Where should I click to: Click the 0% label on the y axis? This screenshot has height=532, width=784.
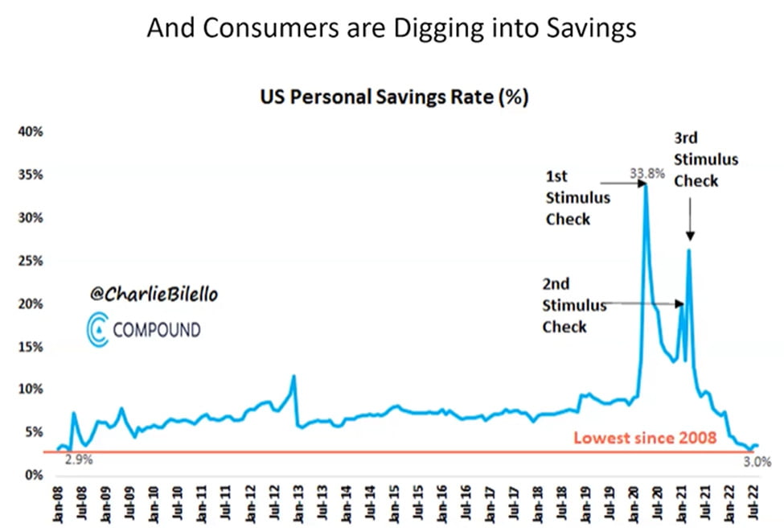click(36, 475)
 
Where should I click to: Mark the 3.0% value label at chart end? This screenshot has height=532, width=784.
click(757, 462)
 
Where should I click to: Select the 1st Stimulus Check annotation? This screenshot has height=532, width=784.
click(577, 197)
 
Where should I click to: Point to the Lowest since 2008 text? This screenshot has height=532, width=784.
click(644, 439)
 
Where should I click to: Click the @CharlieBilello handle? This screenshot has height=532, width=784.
click(154, 295)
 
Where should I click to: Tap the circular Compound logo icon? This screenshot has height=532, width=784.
click(97, 330)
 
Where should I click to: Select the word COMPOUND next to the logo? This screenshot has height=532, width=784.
click(157, 330)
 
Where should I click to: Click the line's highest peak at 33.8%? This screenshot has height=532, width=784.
click(645, 184)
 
